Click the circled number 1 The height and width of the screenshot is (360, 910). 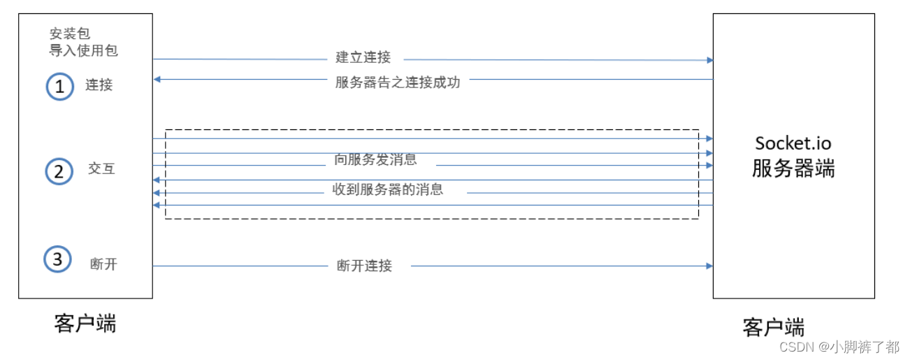[x=59, y=87]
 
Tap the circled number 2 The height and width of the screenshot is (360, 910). [x=59, y=171]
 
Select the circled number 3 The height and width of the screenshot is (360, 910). [x=57, y=260]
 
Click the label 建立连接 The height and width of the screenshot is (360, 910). [x=363, y=58]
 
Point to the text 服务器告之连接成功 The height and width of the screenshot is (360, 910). [x=398, y=82]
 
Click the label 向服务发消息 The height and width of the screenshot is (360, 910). [x=375, y=159]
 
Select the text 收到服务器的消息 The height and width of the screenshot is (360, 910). [x=387, y=189]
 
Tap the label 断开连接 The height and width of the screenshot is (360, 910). [x=364, y=266]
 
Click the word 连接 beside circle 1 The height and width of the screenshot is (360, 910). [x=99, y=85]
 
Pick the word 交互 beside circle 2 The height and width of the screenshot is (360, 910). [x=101, y=168]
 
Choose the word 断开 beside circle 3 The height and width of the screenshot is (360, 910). [x=103, y=264]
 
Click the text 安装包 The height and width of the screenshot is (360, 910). [x=70, y=34]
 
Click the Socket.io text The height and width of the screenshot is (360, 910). [x=793, y=143]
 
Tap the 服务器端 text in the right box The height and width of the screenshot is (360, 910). [x=793, y=168]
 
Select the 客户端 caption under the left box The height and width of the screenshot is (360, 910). [x=85, y=323]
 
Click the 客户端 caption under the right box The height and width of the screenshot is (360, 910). [x=774, y=327]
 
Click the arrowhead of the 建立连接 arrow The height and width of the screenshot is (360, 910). [x=709, y=60]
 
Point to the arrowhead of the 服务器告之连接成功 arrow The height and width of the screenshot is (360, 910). [x=157, y=80]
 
